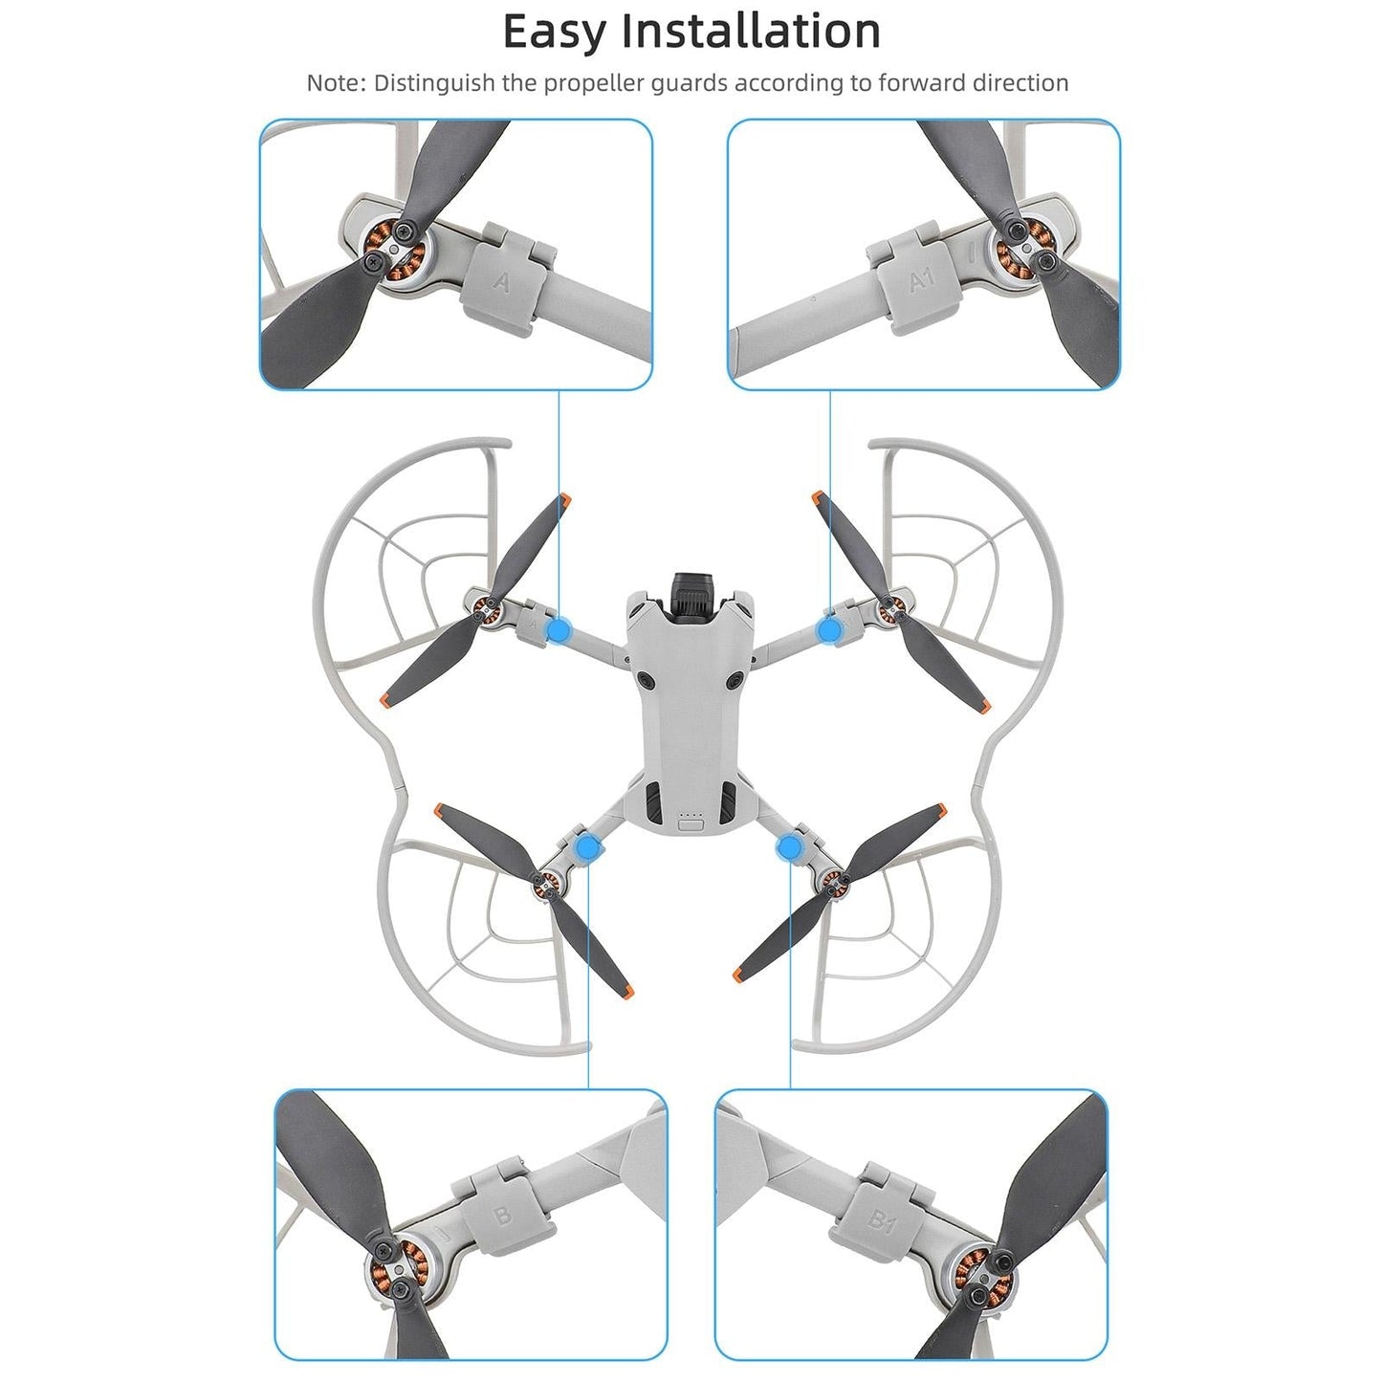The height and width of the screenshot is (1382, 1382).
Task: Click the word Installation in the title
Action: click(x=751, y=31)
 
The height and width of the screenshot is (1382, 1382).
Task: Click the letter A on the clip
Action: click(x=501, y=282)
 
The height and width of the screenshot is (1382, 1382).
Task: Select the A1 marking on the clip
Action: click(x=921, y=280)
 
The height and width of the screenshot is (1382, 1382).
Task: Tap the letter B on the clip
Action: click(x=501, y=1217)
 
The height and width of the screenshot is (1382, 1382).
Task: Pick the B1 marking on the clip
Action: click(x=881, y=1219)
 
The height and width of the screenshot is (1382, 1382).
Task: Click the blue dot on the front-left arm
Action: click(x=559, y=629)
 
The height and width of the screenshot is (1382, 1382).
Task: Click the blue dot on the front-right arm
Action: click(x=830, y=629)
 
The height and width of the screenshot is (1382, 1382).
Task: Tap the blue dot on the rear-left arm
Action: click(x=587, y=847)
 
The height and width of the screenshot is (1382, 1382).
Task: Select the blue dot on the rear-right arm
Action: click(x=790, y=847)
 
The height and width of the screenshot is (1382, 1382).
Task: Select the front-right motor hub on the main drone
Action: click(x=890, y=604)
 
